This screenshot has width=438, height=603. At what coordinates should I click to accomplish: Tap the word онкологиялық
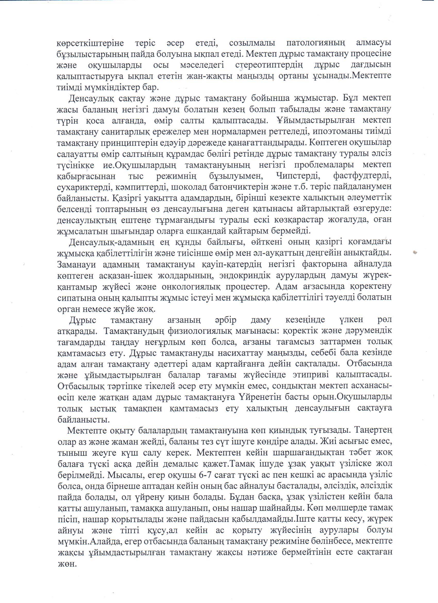pyautogui.click(x=188, y=287)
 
